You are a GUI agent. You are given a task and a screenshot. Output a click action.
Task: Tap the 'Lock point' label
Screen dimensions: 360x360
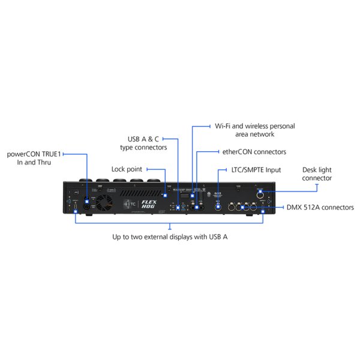coord(127,169)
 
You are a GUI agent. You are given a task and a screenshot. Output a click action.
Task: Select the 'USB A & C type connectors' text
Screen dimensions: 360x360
coord(147,142)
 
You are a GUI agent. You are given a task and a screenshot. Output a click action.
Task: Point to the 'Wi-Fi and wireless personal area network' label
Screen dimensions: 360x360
coord(254,130)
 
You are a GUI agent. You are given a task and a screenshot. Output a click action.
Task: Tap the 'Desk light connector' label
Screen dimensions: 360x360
coord(317,174)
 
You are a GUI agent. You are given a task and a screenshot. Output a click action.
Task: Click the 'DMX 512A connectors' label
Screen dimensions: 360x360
coord(319,207)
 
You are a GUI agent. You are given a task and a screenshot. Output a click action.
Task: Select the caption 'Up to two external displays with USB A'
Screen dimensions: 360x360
coord(170,236)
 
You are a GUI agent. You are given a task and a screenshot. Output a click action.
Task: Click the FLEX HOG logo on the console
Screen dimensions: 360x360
coord(148,203)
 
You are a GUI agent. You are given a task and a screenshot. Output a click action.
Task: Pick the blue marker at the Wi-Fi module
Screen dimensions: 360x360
coord(192,195)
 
